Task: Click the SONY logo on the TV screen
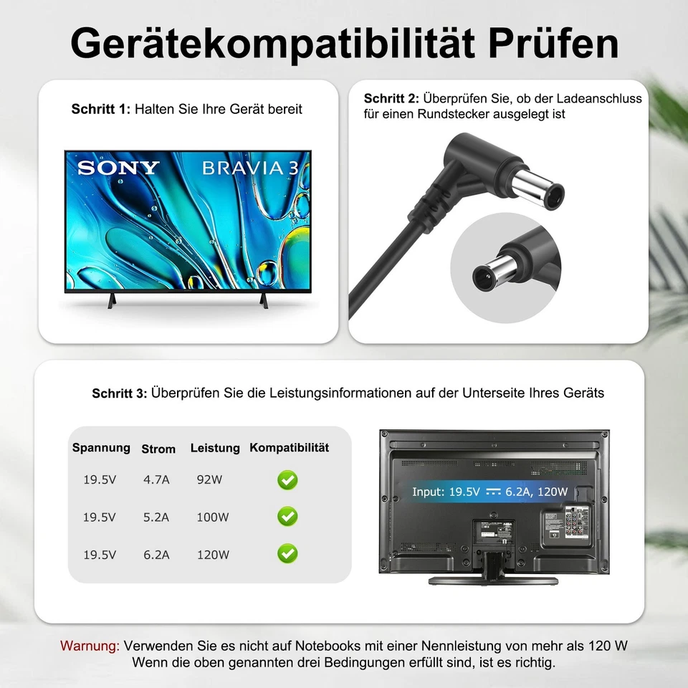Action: coord(118,168)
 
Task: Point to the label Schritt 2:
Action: coord(392,98)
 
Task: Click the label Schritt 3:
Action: coord(120,393)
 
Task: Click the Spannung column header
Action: coord(101,448)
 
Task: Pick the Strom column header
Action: coord(158,449)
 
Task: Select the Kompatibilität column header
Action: coord(289,448)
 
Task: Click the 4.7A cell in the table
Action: coord(156,480)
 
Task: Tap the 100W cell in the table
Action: coord(213,517)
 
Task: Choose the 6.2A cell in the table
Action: coord(156,554)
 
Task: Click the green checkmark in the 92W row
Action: coord(287,480)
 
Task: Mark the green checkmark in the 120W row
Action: coord(287,553)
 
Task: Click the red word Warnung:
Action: coord(90,646)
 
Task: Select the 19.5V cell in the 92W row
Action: coord(99,480)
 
